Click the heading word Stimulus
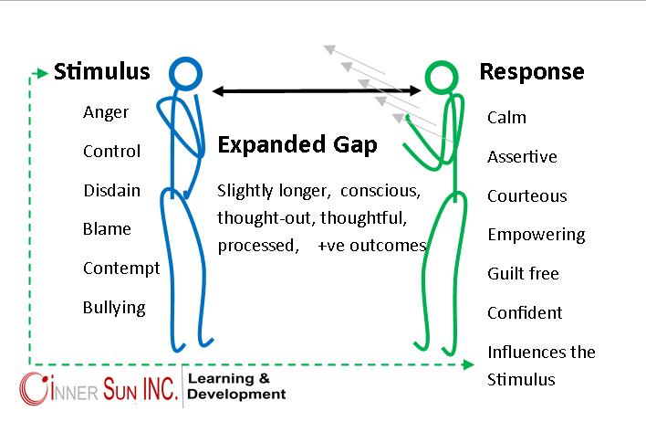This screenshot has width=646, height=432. [x=101, y=72]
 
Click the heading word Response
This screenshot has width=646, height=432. [x=532, y=72]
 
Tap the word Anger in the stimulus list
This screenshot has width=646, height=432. [x=106, y=113]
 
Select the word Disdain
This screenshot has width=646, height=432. [x=111, y=190]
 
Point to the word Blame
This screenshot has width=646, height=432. [x=107, y=229]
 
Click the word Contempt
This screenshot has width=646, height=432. [x=120, y=269]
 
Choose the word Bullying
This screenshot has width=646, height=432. [x=114, y=307]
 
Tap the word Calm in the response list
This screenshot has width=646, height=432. [x=506, y=118]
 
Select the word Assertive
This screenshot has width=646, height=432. [x=522, y=157]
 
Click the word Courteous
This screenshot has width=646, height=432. [x=526, y=196]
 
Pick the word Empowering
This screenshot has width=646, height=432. [x=536, y=235]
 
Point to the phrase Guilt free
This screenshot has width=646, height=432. [x=523, y=274]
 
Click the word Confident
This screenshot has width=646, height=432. [x=525, y=313]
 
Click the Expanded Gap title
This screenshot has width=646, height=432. [x=297, y=145]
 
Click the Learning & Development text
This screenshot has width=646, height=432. [x=236, y=386]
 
